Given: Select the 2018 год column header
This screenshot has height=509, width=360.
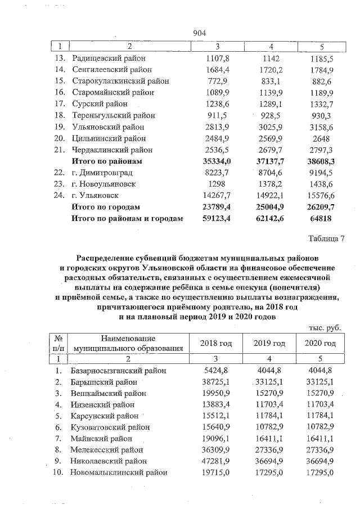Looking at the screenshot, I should pos(216,343).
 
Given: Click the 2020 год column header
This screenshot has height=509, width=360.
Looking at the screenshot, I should pos(321,343).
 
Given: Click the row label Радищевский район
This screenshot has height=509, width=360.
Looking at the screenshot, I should pos(108,58).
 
